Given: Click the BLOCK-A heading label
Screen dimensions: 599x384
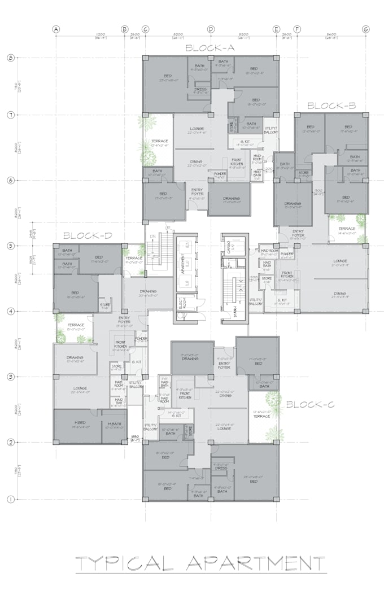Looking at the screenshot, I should point(210,49).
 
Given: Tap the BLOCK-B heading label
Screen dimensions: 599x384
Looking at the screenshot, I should point(331,106).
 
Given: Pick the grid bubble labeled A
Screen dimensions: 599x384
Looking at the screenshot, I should point(55,29).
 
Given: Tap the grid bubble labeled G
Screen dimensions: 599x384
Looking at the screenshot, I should point(366,29).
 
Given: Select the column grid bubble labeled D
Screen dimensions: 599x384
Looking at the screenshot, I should point(211,29).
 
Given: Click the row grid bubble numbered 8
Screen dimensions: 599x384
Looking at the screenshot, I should point(10,58).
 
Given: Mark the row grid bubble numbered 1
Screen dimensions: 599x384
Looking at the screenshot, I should point(10,499).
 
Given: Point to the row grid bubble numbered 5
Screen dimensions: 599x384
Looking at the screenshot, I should point(10,246).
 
